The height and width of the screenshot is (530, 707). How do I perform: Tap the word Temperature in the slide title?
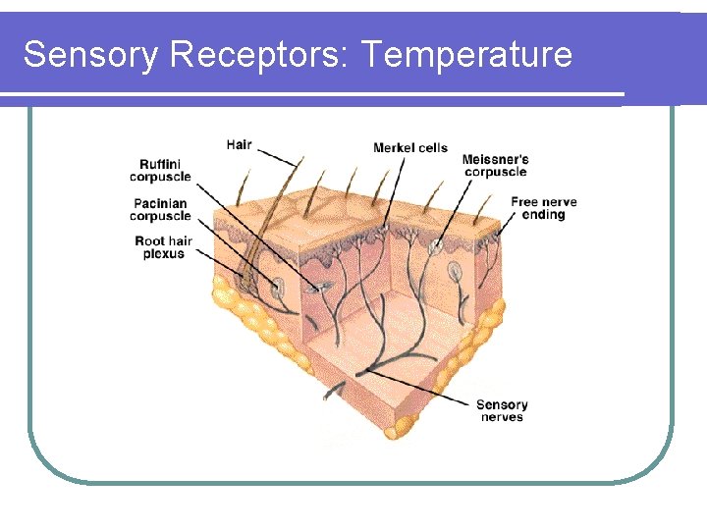[466, 55]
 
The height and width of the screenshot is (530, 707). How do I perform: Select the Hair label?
[239, 145]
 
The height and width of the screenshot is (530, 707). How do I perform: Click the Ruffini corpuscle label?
[161, 170]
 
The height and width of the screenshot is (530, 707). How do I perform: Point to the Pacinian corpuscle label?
[161, 210]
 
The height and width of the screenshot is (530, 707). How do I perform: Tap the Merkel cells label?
[409, 148]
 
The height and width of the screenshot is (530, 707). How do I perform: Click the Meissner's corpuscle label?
[496, 165]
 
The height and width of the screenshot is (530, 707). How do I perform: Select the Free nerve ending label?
[543, 208]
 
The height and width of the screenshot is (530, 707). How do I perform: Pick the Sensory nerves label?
[502, 410]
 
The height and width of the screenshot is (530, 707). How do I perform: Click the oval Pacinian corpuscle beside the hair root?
[279, 287]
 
